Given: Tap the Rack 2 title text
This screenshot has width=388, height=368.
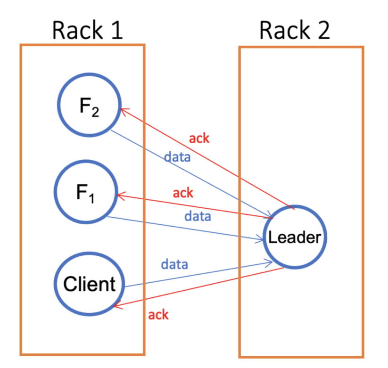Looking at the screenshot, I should [295, 31].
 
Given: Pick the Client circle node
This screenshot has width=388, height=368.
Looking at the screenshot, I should [89, 284].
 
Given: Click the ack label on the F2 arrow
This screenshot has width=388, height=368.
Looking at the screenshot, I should [199, 139].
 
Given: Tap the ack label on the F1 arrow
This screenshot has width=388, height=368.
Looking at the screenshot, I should [183, 193].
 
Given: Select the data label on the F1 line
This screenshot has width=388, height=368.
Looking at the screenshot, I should [197, 217].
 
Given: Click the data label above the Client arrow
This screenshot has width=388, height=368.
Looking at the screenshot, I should [174, 264].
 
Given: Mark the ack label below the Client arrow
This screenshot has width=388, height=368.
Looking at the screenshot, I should [158, 314].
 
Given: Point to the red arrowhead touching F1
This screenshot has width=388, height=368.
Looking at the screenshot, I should [120, 195].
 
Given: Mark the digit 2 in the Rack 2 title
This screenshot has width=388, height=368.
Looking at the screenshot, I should [322, 31].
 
